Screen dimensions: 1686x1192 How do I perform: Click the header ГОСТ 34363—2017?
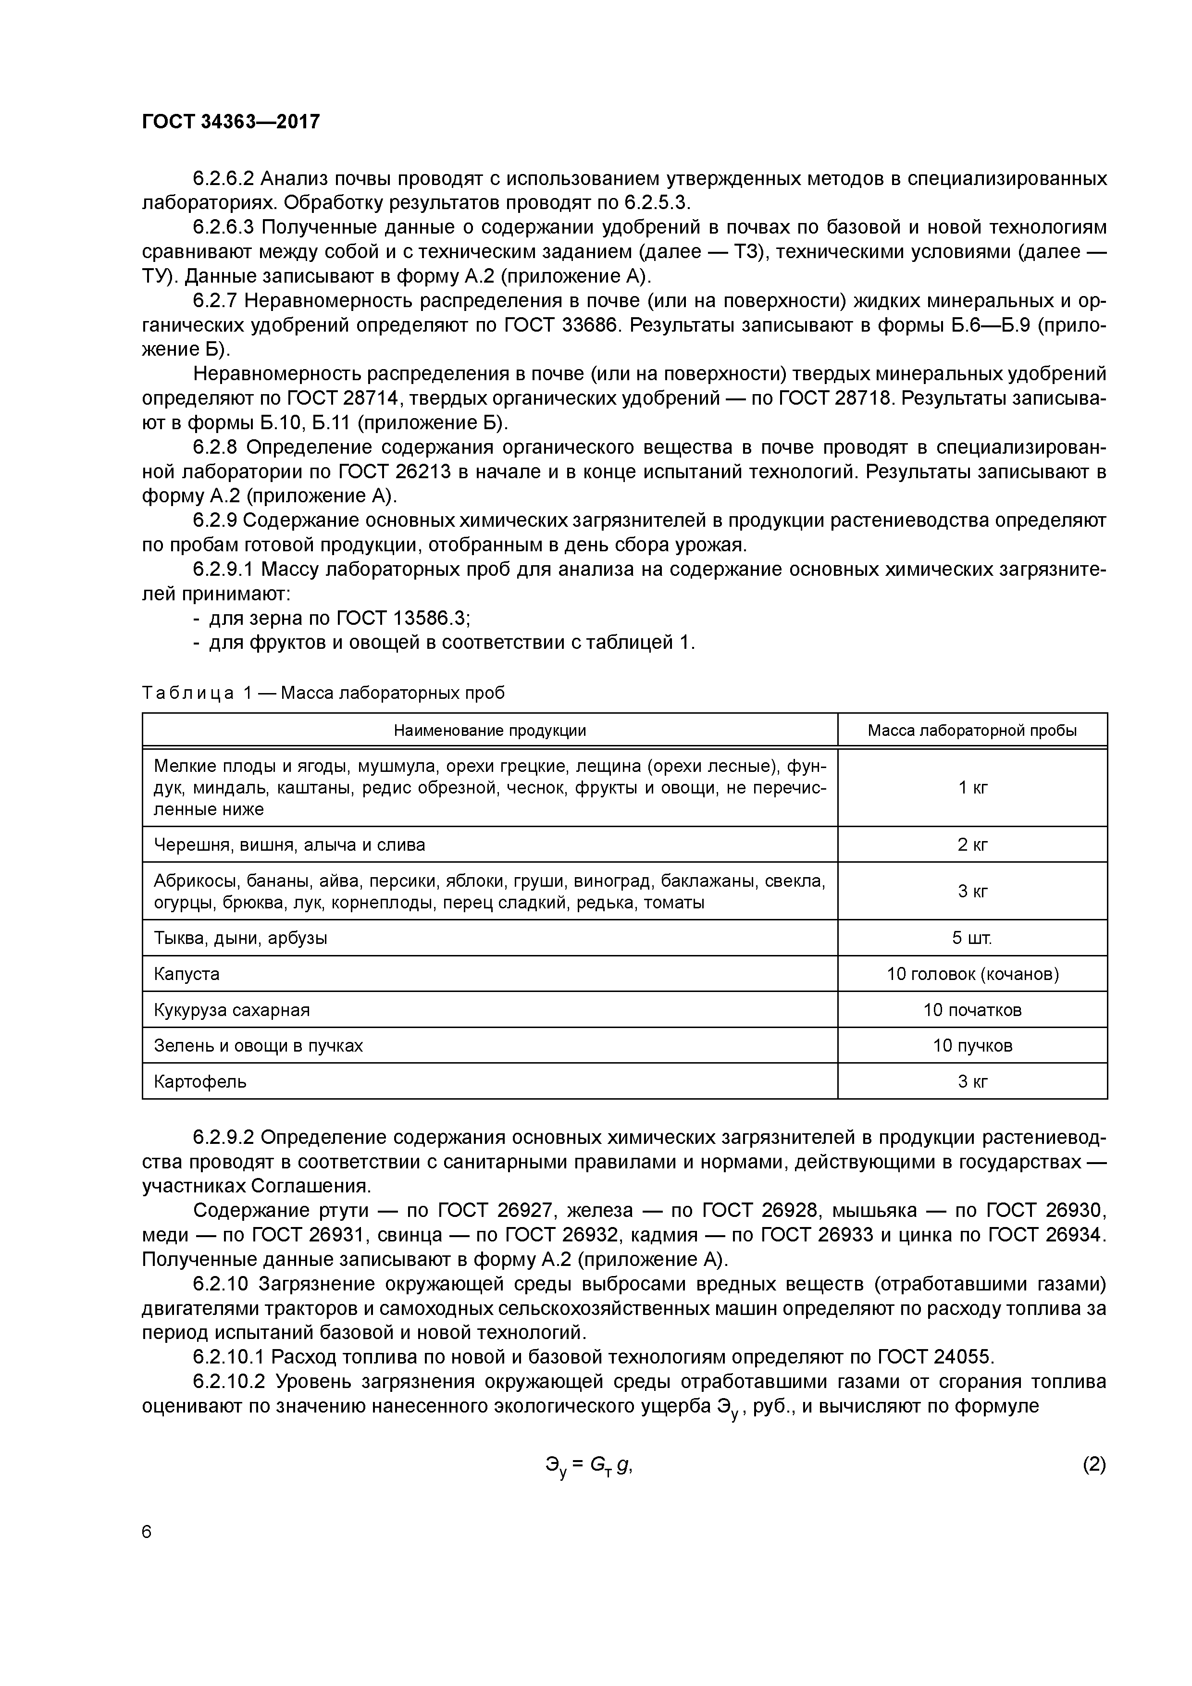(x=231, y=122)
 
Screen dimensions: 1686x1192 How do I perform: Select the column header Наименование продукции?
(x=489, y=730)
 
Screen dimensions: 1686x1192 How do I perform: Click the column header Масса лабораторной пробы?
(x=972, y=730)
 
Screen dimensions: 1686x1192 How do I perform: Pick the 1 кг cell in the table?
(x=972, y=787)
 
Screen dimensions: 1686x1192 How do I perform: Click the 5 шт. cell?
(x=972, y=938)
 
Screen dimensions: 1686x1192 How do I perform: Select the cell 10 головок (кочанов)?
(x=972, y=974)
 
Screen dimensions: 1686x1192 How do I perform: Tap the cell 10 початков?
(x=972, y=1010)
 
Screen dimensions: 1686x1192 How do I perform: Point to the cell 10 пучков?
(x=972, y=1045)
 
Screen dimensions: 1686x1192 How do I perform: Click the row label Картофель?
(x=200, y=1081)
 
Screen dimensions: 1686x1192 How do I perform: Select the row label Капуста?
(x=186, y=974)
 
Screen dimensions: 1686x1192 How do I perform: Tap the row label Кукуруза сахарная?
(x=231, y=1010)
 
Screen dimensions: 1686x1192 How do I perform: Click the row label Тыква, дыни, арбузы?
(x=240, y=938)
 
